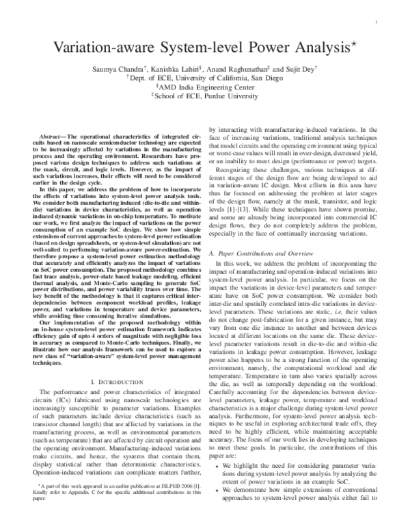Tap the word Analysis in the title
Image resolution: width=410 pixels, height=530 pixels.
point(303,48)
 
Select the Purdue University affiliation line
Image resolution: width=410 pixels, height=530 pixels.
point(206,97)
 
